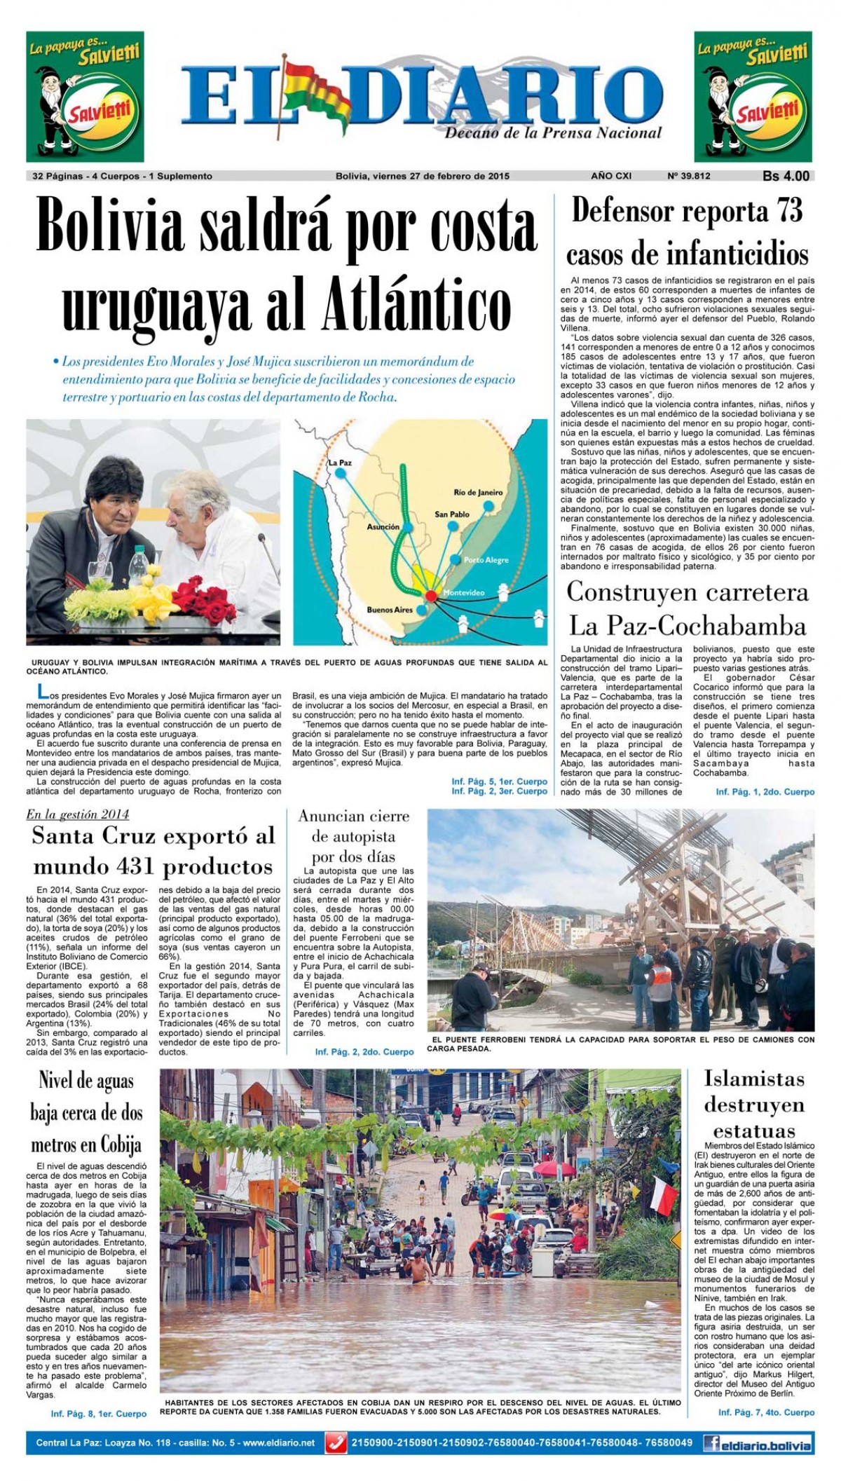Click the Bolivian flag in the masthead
click(x=315, y=91)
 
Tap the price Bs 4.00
click(x=786, y=177)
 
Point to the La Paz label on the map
click(x=338, y=463)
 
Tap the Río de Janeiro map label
click(x=479, y=492)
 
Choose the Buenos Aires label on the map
click(x=390, y=610)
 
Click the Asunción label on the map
click(x=383, y=526)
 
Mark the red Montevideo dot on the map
click(x=431, y=594)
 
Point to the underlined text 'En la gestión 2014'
click(x=77, y=814)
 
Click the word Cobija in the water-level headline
click(x=116, y=1145)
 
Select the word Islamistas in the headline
click(x=754, y=1078)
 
